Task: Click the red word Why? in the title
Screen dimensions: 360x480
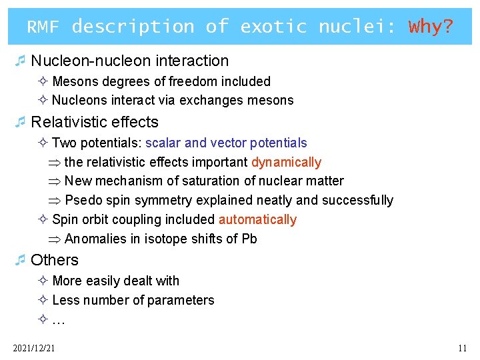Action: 431,27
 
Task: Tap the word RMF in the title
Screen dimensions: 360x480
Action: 43,27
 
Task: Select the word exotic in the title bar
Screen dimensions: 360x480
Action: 273,27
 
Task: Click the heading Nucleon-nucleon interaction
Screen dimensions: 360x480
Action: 129,61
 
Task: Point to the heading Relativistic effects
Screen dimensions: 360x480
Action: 95,122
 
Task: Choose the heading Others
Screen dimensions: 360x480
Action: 55,260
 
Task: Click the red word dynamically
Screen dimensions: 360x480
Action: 286,162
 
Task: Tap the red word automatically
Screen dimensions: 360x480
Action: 257,219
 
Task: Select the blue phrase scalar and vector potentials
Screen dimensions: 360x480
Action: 226,143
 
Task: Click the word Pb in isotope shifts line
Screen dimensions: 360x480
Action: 249,239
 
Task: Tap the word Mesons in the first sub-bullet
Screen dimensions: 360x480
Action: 73,81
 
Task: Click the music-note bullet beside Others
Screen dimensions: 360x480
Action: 21,260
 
